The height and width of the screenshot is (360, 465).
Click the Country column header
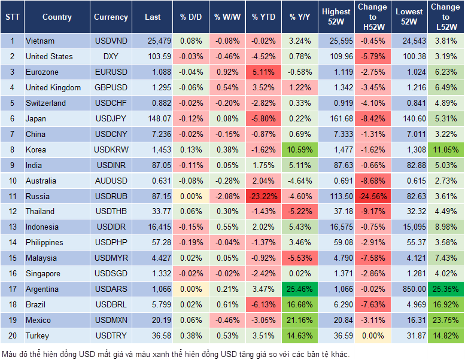[x=57, y=17]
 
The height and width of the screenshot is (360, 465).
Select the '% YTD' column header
[x=263, y=17]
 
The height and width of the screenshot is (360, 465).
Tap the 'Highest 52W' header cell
[x=336, y=17]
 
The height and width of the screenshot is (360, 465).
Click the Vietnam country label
[x=40, y=41]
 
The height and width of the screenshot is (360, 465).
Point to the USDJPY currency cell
[x=111, y=118]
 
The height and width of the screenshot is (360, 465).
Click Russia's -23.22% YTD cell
[x=263, y=196]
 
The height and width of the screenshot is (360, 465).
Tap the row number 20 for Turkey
[x=12, y=335]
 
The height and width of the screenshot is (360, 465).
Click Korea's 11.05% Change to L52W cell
[x=446, y=150]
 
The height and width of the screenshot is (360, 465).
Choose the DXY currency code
[x=111, y=57]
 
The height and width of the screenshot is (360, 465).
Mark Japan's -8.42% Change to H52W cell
[x=372, y=118]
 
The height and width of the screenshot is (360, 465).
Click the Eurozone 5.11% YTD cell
[x=263, y=72]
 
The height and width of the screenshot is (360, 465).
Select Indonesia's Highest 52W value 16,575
[x=336, y=227]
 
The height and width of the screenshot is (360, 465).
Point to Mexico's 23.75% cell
[x=446, y=320]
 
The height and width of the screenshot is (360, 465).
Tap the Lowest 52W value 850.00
[x=410, y=289]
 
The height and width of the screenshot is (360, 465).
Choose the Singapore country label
[x=43, y=273]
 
